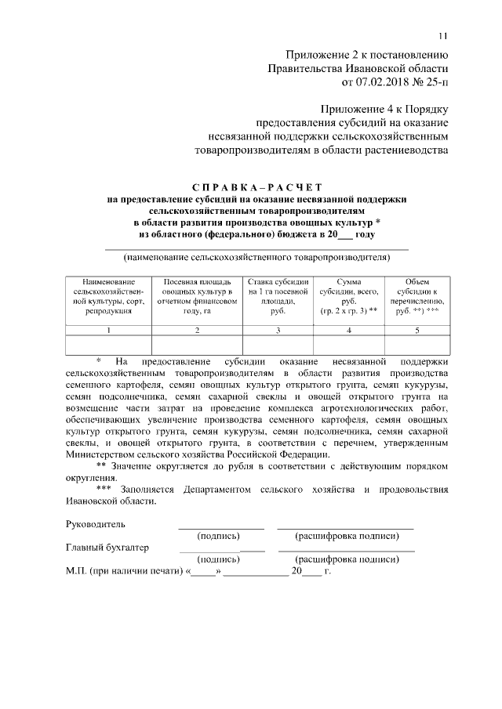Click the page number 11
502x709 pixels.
pos(442,34)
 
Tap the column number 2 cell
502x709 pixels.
pos(196,330)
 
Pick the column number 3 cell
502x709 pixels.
pos(278,330)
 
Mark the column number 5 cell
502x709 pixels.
pos(417,330)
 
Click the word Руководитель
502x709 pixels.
pos(96,524)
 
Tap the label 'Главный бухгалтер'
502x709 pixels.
pos(107,548)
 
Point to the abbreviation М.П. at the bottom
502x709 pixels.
pos(77,572)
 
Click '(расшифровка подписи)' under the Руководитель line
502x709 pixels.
pos(346,537)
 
